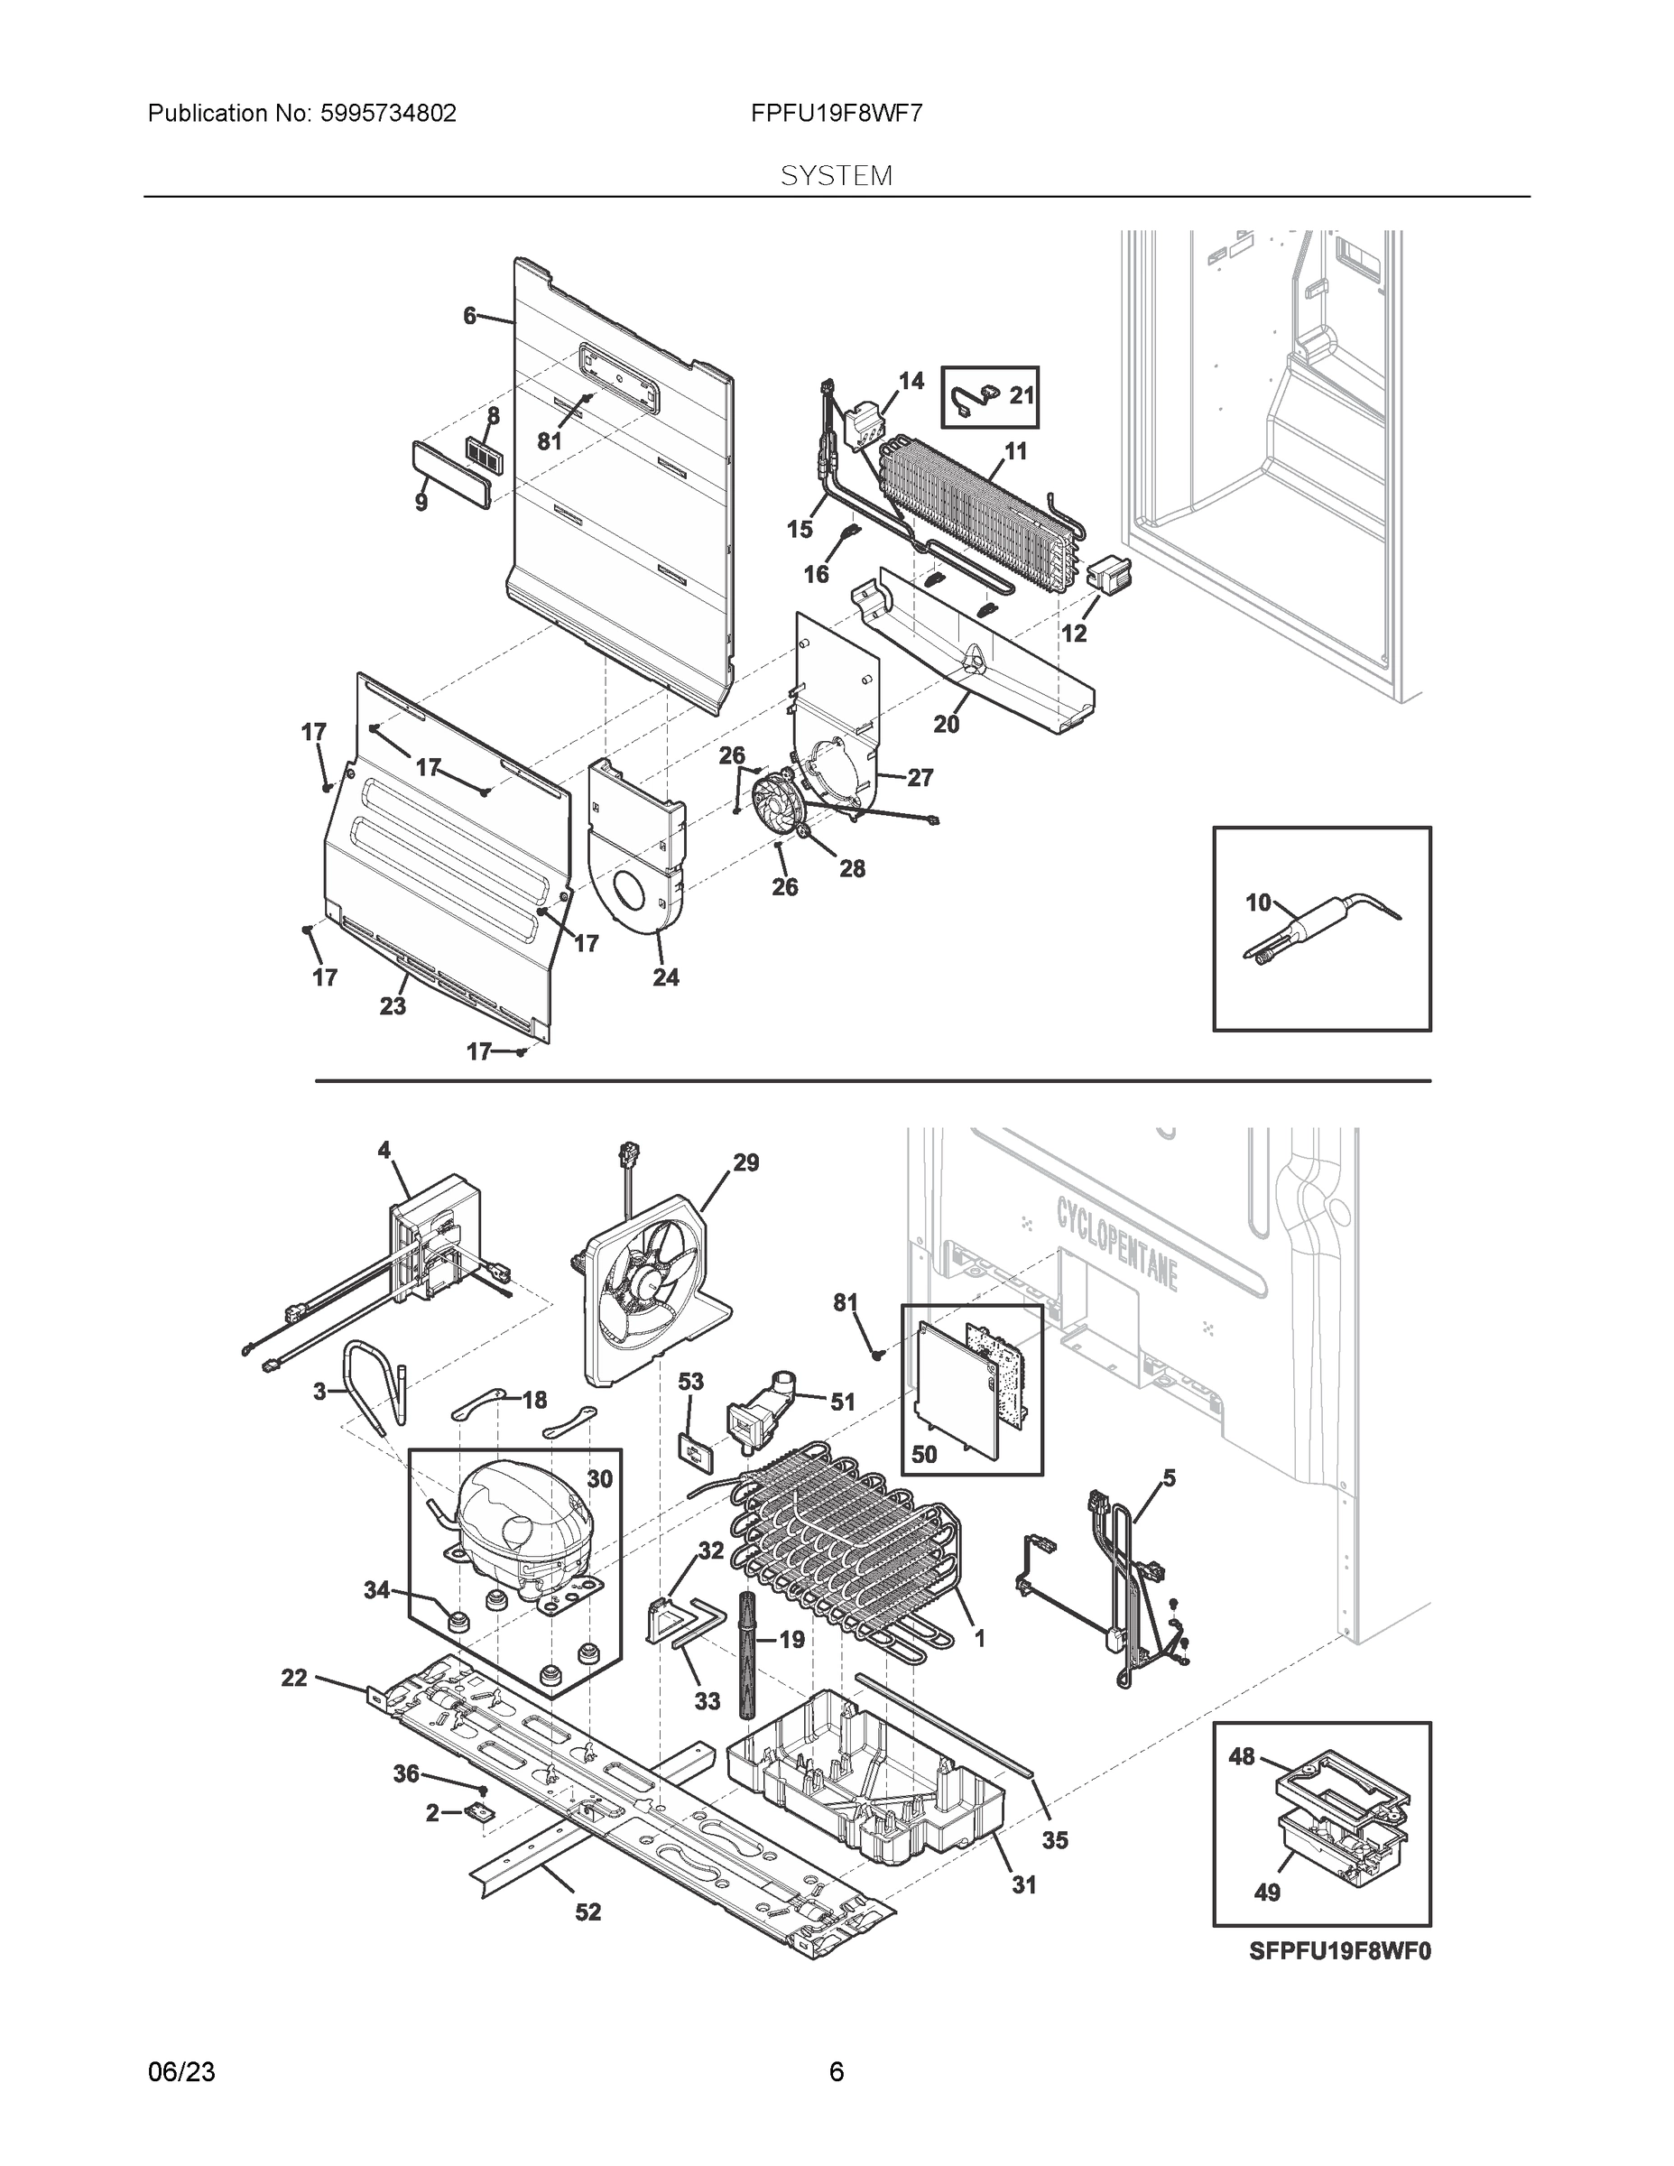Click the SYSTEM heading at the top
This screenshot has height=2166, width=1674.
click(x=836, y=177)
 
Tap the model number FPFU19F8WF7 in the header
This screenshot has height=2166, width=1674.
click(x=836, y=114)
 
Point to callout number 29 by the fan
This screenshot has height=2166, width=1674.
click(x=745, y=1162)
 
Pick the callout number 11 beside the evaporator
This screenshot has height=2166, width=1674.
click(x=1015, y=452)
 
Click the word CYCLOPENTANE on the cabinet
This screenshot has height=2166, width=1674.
click(x=1116, y=1244)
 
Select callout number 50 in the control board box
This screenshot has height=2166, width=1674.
click(x=924, y=1455)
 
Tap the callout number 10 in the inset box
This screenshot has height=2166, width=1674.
click(x=1257, y=902)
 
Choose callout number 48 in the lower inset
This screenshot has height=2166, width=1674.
click(x=1242, y=1756)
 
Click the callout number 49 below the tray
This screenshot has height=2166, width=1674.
click(x=1267, y=1893)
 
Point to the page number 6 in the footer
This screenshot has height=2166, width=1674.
click(x=836, y=2072)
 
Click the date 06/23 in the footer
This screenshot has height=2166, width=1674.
click(x=181, y=2072)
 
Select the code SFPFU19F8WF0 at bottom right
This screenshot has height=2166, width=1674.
click(x=1340, y=1952)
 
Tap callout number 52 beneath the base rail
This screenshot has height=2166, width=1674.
click(x=588, y=1912)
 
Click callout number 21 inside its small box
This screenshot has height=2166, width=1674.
click(x=1022, y=395)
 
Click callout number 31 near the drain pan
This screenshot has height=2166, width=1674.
click(x=1023, y=1884)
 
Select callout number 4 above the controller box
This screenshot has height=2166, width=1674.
click(x=384, y=1151)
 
